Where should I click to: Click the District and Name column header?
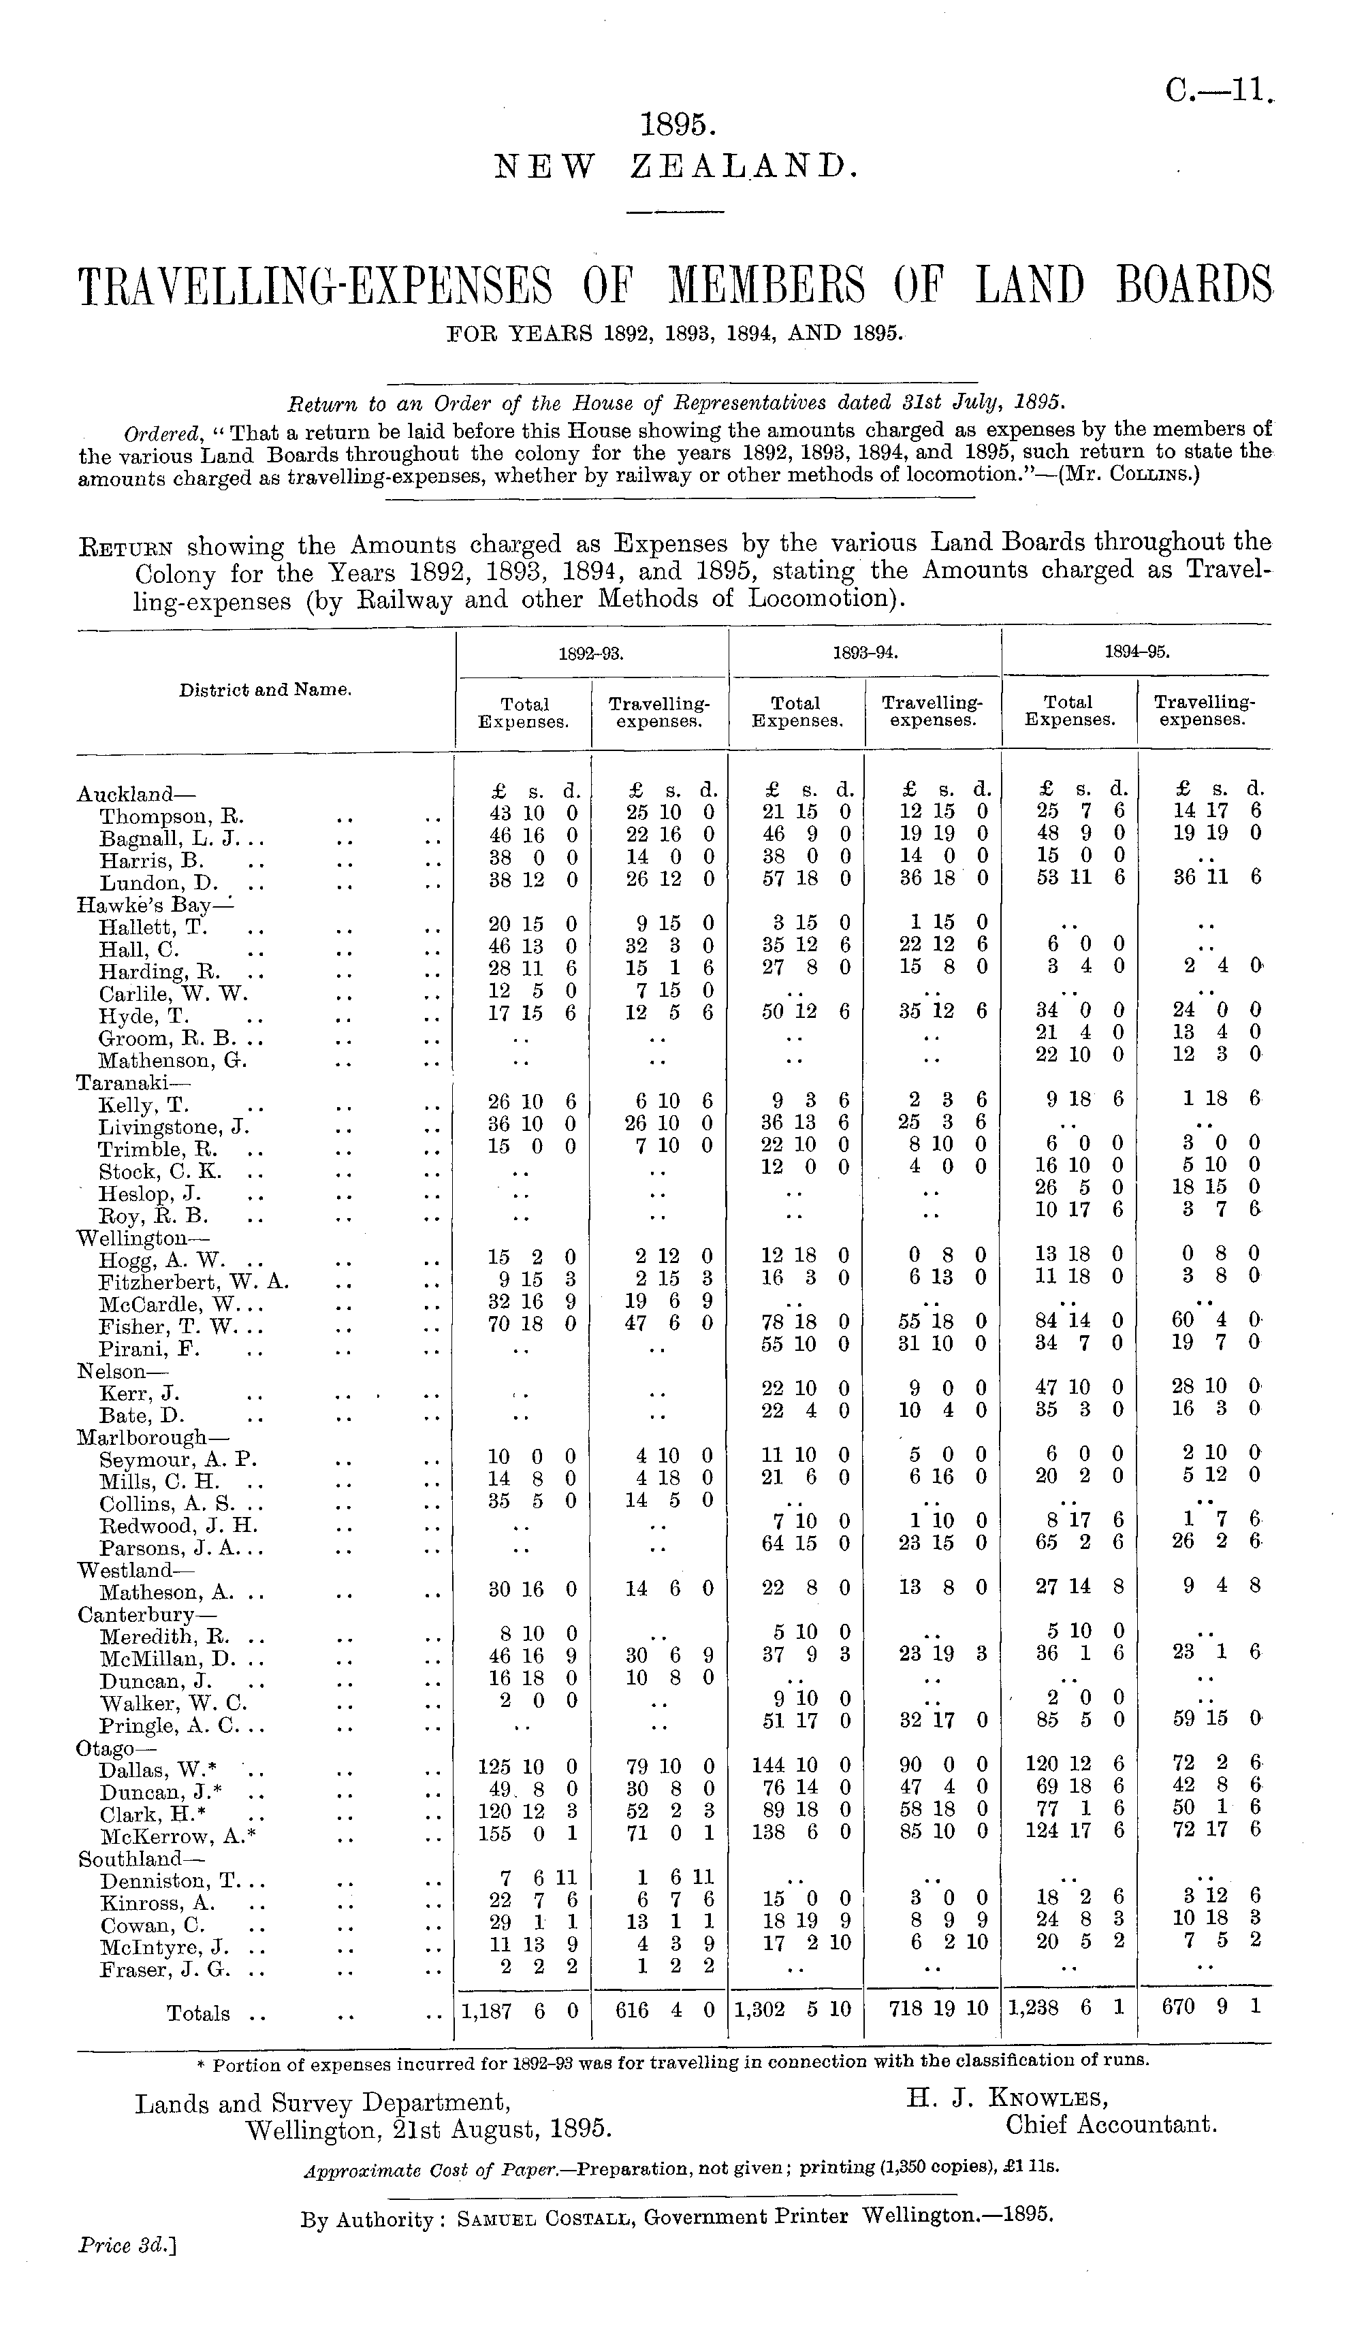click(265, 690)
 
